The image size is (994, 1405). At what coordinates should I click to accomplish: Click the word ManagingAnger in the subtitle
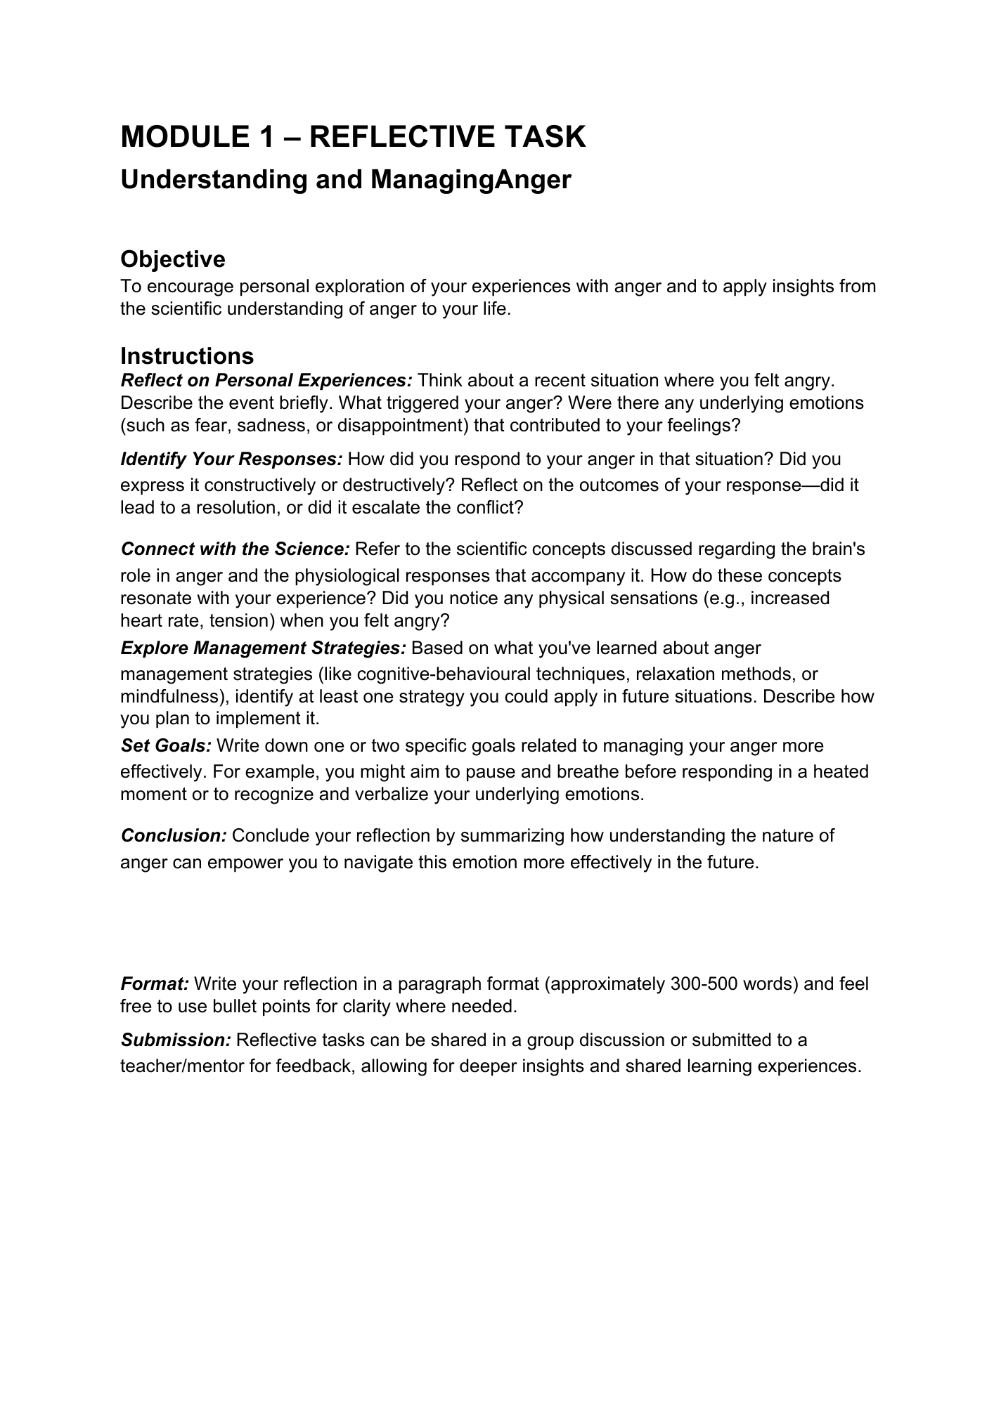coord(470,180)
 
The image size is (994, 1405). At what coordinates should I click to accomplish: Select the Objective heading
coord(173,259)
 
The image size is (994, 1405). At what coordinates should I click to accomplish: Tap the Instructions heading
coord(187,356)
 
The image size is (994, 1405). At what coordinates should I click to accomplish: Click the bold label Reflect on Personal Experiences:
coord(266,381)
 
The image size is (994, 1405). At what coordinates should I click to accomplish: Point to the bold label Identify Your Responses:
coord(231,459)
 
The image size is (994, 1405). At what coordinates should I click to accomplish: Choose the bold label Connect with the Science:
coord(235,549)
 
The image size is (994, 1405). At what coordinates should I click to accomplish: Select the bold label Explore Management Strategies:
coord(264,648)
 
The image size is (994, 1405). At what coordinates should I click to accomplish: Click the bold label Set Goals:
coord(166,745)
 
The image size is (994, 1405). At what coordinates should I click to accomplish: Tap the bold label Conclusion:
coord(174,836)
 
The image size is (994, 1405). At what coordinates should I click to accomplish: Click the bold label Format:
coord(155,984)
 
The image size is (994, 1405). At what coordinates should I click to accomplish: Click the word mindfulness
coord(168,697)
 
